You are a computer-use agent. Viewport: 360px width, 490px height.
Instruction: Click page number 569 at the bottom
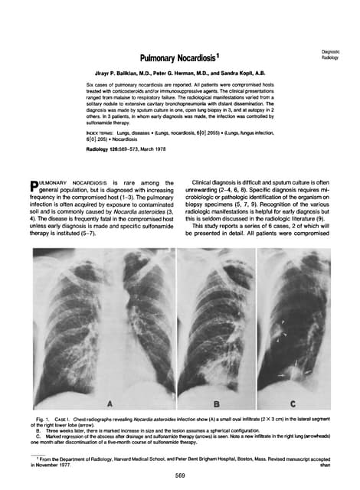tap(179, 475)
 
